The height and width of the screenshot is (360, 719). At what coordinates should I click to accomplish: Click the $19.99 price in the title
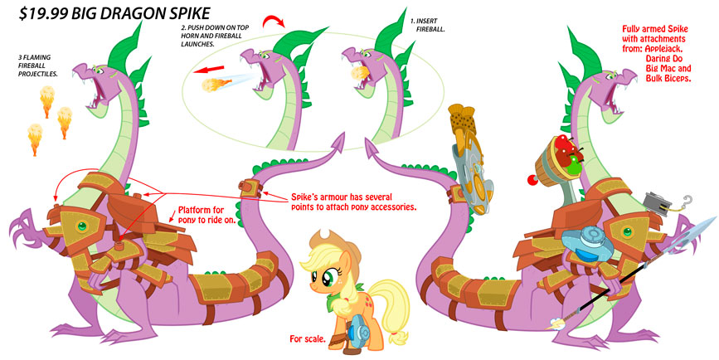(42, 13)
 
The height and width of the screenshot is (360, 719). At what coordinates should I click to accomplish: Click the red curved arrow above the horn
(274, 21)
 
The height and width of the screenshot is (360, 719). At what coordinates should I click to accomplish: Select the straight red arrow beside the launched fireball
(209, 71)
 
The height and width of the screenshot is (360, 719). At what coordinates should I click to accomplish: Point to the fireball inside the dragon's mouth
(359, 73)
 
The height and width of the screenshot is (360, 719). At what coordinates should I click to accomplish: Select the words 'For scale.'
(308, 339)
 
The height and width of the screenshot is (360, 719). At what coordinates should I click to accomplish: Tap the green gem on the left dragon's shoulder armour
(82, 226)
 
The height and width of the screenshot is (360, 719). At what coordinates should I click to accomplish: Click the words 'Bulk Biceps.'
(668, 79)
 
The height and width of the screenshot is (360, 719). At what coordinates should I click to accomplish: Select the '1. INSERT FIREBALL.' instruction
(427, 25)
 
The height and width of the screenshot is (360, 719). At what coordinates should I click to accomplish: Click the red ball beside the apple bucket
(532, 180)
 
